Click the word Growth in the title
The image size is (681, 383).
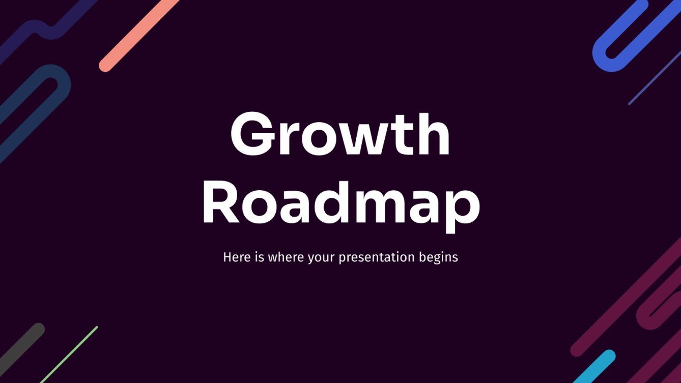340,135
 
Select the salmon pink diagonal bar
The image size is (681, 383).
138,34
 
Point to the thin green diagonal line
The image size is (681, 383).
69,354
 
